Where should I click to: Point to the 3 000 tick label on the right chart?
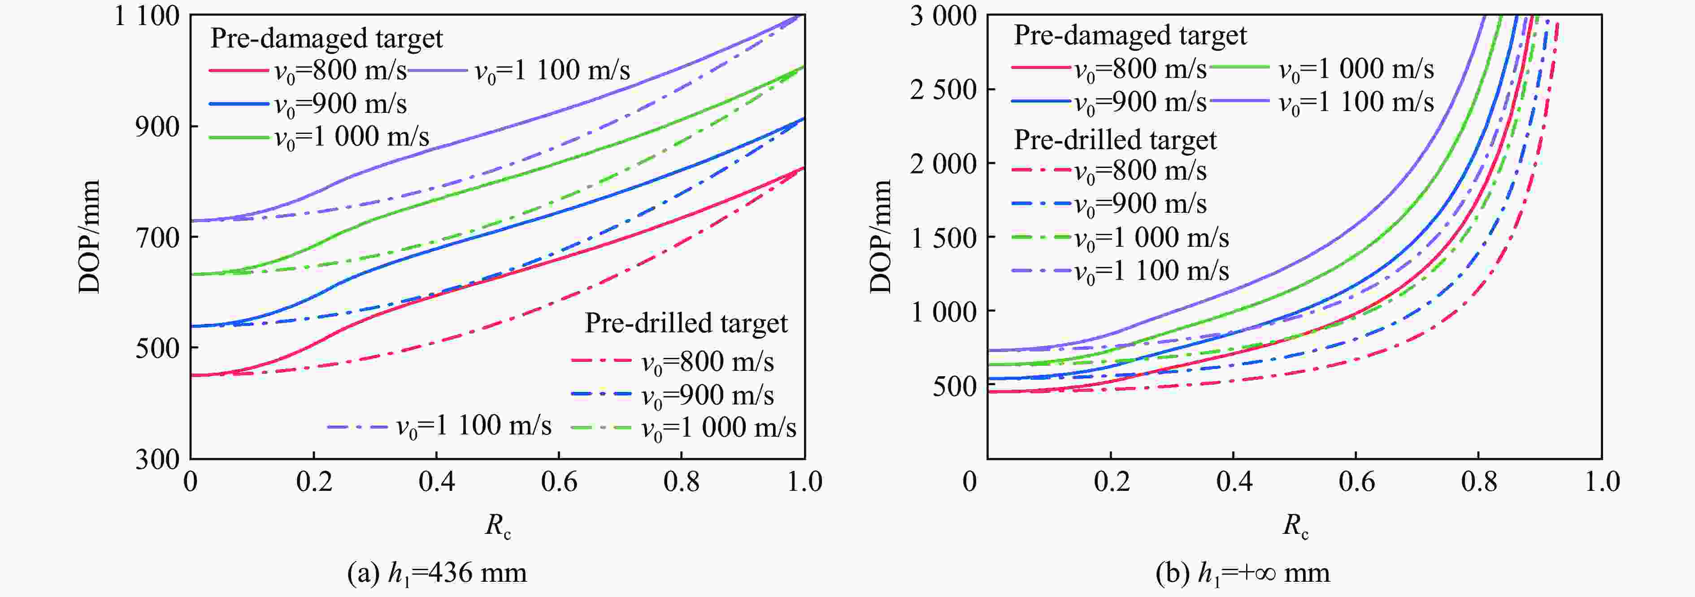(943, 16)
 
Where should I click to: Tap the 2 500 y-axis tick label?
(943, 90)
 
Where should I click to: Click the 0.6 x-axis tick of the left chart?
(559, 482)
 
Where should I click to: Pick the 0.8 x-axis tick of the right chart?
(1478, 482)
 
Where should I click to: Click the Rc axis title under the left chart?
(497, 525)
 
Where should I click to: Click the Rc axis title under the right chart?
(1295, 525)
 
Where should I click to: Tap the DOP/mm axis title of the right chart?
(880, 237)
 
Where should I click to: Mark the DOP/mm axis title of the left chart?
(90, 237)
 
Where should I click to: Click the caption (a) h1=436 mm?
(437, 573)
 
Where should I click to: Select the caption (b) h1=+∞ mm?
(1242, 573)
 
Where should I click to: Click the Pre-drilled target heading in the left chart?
(686, 323)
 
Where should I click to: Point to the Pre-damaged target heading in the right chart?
(1130, 35)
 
